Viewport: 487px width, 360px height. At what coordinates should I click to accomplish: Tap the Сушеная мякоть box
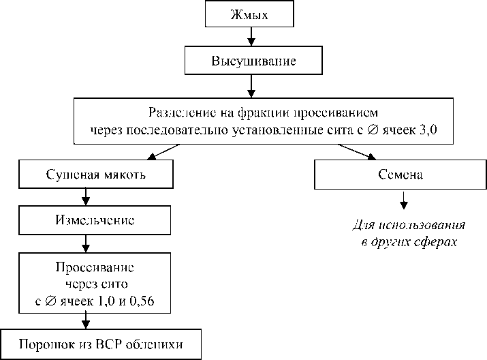[x=86, y=175]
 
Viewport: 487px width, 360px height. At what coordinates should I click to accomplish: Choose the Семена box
[x=400, y=175]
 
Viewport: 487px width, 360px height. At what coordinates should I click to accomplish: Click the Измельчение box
[x=86, y=220]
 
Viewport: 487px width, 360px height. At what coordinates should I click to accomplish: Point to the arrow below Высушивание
[x=252, y=85]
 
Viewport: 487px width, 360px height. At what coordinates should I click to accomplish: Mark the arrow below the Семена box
[x=403, y=200]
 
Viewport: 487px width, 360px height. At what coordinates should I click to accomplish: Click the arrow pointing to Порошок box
[x=86, y=320]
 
